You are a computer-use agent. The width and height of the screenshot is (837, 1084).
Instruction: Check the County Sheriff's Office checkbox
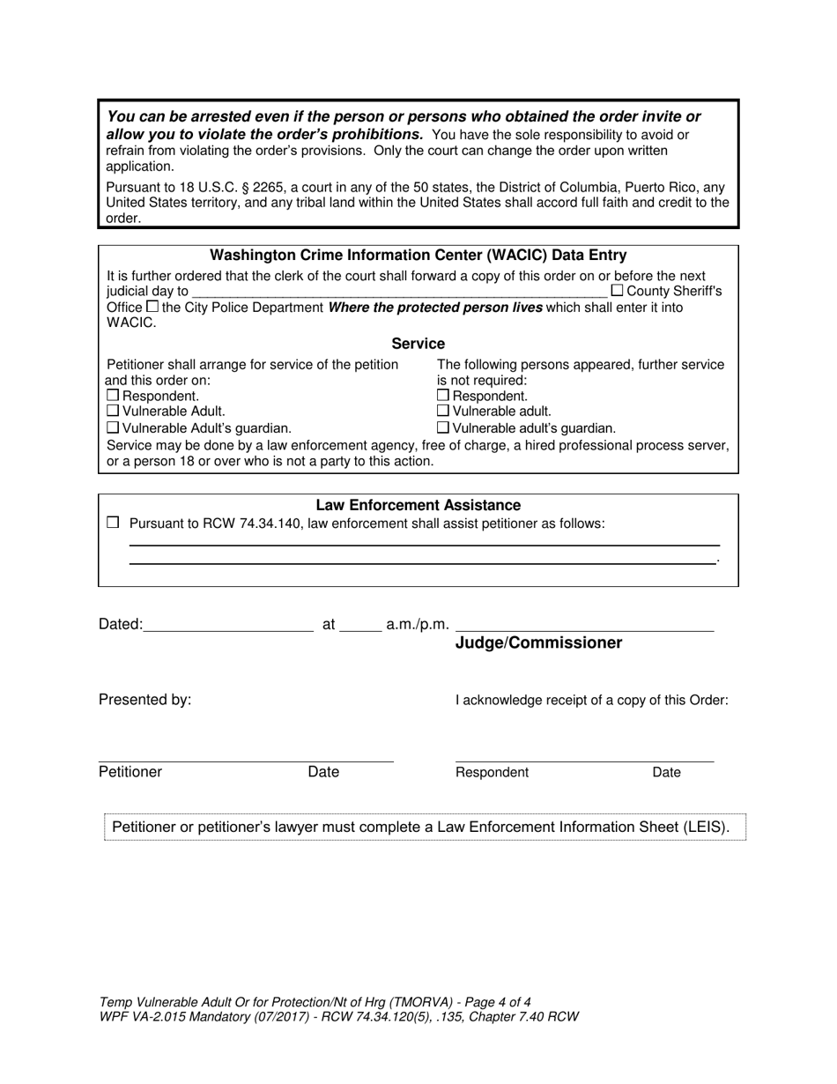[617, 290]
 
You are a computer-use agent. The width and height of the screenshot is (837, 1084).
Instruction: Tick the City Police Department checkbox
[152, 307]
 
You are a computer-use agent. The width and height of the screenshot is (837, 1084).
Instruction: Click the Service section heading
[418, 344]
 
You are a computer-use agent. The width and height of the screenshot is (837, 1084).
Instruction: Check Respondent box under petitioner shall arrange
[112, 396]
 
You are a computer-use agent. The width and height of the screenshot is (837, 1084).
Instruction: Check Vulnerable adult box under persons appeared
[443, 411]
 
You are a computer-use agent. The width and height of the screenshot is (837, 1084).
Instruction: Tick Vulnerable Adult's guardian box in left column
[112, 427]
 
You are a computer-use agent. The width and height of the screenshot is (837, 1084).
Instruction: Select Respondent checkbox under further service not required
[443, 396]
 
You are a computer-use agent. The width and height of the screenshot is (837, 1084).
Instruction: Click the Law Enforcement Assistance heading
[418, 505]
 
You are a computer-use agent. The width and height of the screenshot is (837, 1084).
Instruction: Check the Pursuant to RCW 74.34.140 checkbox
[112, 523]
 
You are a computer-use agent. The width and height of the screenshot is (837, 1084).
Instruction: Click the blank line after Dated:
[227, 626]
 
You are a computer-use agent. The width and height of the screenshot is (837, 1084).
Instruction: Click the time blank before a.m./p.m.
[359, 626]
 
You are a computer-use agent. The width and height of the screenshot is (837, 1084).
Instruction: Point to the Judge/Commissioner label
[538, 643]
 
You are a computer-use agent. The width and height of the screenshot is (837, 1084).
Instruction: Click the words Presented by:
[144, 700]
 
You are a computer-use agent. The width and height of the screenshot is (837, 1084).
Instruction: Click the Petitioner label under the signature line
[130, 772]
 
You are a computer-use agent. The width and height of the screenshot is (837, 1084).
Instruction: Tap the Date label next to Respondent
[666, 773]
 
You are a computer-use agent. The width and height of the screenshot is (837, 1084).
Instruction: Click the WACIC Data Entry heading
[418, 256]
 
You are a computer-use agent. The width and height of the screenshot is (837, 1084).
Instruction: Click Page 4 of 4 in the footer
[485, 1001]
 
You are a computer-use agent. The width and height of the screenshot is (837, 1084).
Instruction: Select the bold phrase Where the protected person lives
[434, 308]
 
